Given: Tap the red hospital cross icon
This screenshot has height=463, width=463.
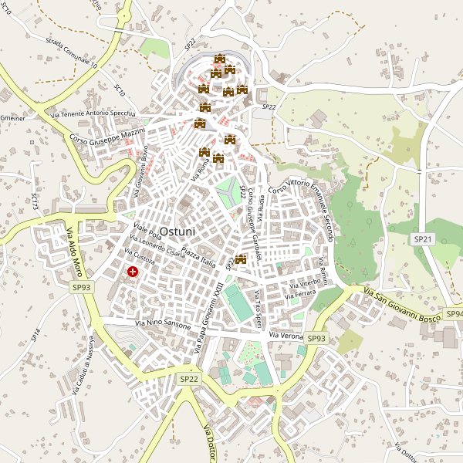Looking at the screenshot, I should tap(133, 272).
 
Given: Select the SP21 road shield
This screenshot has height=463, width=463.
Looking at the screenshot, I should tap(421, 240).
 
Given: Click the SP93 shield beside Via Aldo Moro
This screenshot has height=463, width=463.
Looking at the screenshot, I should tap(81, 287).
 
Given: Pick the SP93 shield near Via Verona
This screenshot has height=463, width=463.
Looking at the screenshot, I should tap(316, 338).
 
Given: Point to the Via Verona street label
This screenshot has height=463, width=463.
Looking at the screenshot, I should tap(286, 336).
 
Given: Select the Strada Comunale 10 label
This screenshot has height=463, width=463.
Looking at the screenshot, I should tap(71, 53).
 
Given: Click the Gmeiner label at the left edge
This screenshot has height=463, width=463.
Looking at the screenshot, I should tap(13, 118).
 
